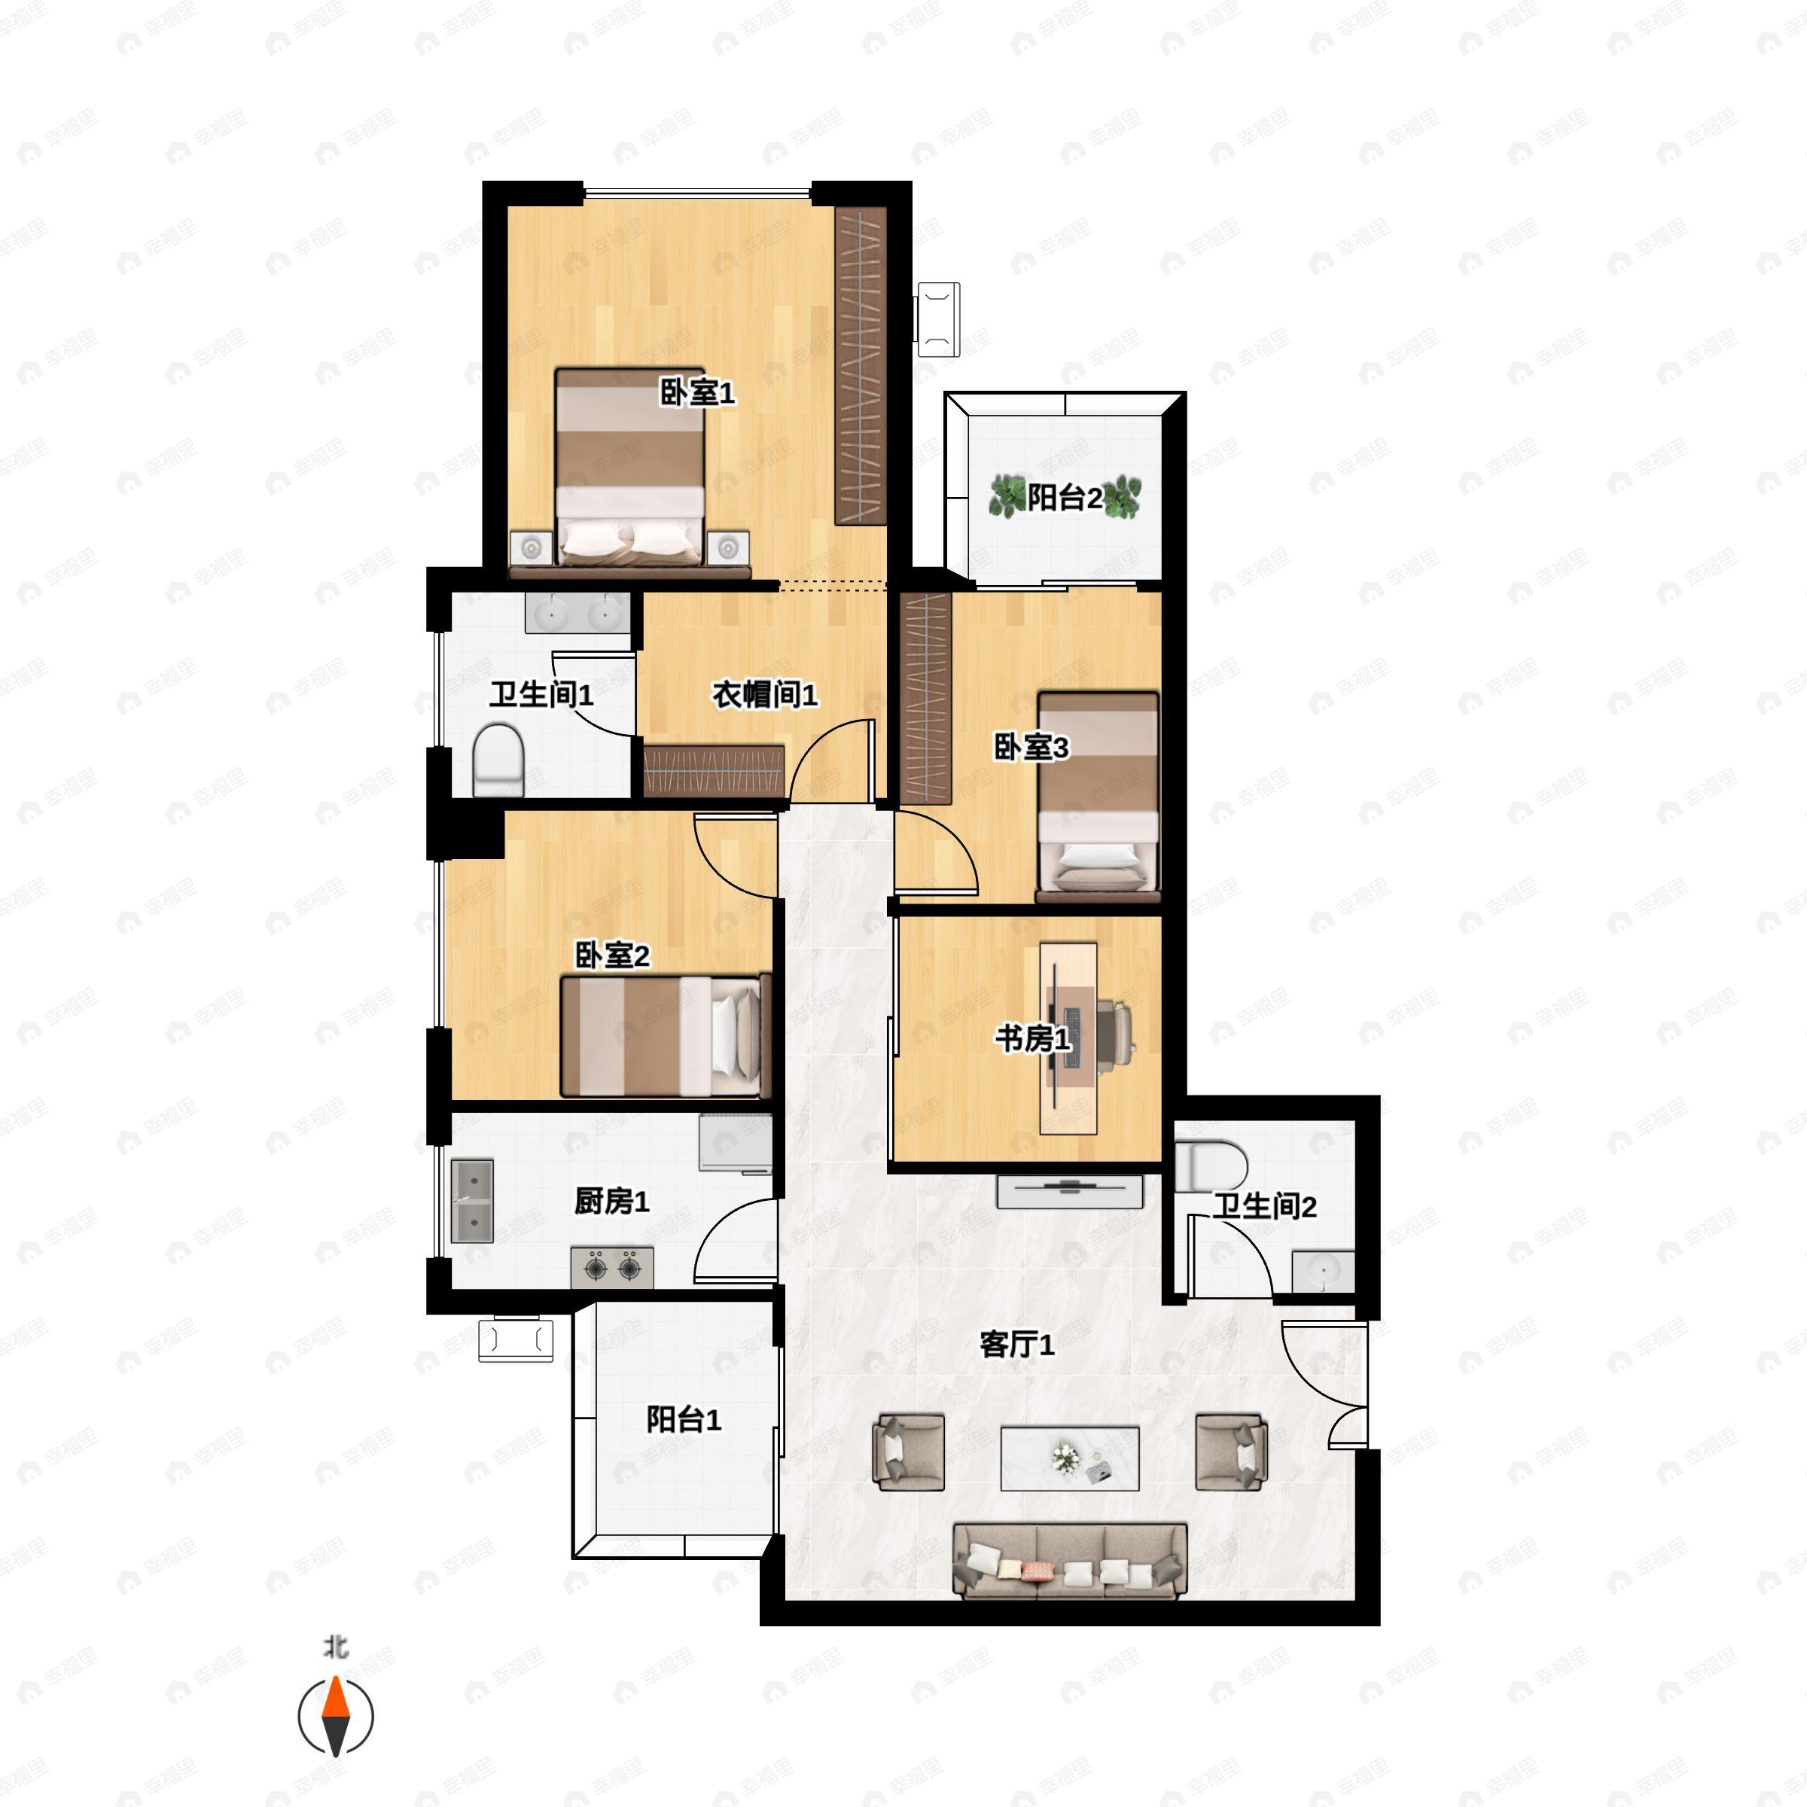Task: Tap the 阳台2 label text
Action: (1065, 498)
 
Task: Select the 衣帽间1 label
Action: (765, 695)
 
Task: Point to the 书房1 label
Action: (1032, 1038)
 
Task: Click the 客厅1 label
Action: (1016, 1345)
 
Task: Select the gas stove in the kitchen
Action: (613, 1267)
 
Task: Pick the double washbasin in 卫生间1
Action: (578, 613)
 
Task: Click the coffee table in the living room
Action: (1070, 1458)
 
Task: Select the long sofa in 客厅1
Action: (1070, 1560)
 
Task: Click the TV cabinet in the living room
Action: (1070, 1192)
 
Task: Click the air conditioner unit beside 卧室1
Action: (937, 319)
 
